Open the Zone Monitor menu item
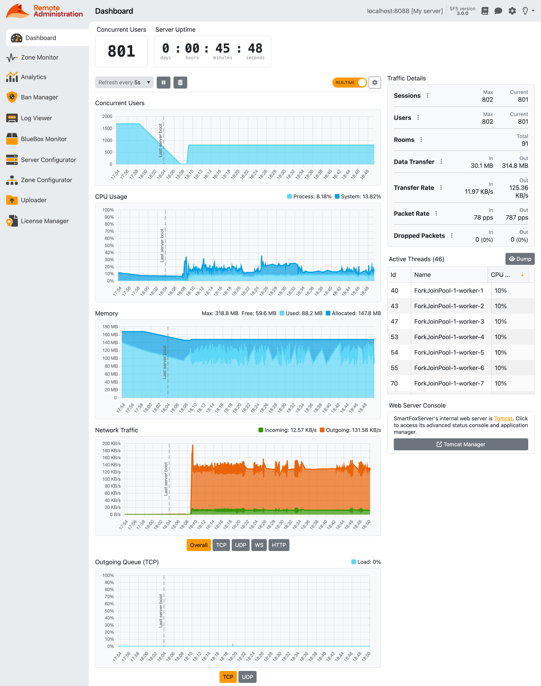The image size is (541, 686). tap(39, 57)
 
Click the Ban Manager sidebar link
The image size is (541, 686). tap(39, 97)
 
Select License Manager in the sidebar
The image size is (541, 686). tap(44, 221)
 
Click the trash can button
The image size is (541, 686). tap(180, 82)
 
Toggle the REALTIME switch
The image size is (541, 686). tap(349, 82)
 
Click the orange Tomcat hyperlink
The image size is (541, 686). tap(503, 418)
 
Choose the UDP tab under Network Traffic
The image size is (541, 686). tap(240, 545)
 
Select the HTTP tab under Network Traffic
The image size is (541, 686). tap(279, 545)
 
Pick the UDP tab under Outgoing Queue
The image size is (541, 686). tap(247, 677)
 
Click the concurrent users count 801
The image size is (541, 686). tap(121, 51)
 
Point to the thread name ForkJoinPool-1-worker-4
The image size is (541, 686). tap(449, 337)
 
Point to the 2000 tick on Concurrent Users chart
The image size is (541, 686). tap(107, 116)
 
